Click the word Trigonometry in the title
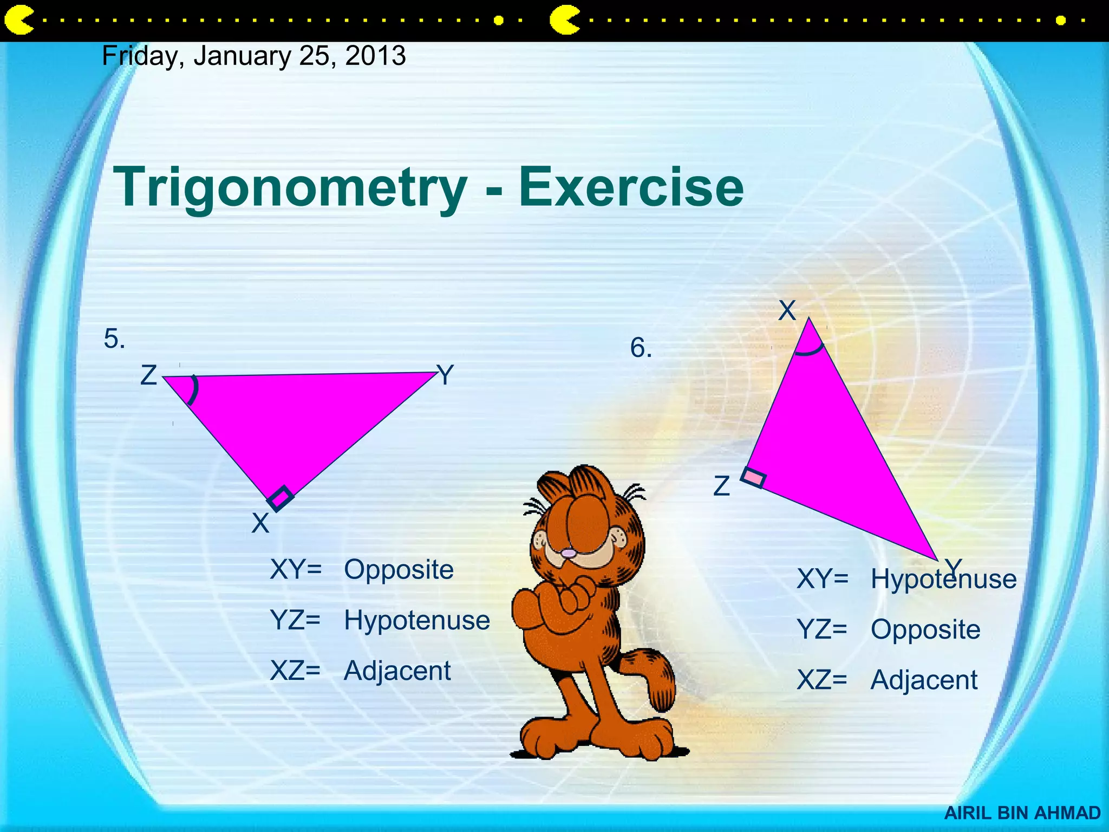click(x=290, y=187)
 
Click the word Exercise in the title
click(x=631, y=187)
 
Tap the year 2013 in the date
click(x=375, y=56)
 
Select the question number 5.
click(x=114, y=340)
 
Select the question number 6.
click(x=641, y=348)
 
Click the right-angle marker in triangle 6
click(x=753, y=477)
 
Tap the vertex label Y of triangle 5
click(x=445, y=375)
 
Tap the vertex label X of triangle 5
click(x=260, y=523)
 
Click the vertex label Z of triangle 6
click(x=721, y=486)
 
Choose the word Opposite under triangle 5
click(x=399, y=570)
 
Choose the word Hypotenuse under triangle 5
click(x=416, y=620)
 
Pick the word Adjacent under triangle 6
click(x=924, y=680)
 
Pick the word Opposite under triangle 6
click(x=925, y=629)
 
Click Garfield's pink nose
click(x=568, y=554)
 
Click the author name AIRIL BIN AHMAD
click(x=1022, y=813)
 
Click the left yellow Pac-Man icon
click(x=18, y=21)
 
